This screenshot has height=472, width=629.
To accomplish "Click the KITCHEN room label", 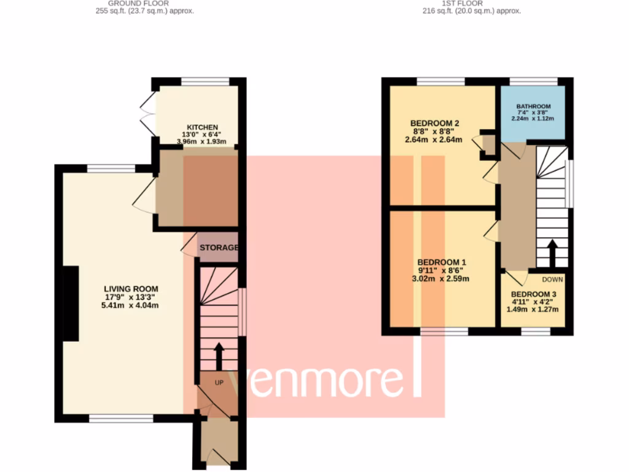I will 198,127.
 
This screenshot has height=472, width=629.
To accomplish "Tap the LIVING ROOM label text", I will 131,289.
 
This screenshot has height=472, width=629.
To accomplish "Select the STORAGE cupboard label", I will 218,248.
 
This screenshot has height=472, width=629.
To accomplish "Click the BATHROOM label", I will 533,106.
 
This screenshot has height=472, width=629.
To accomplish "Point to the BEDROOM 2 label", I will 434,122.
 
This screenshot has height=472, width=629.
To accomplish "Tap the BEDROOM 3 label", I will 533,294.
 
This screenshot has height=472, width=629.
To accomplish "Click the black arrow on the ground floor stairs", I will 217,355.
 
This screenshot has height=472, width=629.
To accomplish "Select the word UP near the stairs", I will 219,382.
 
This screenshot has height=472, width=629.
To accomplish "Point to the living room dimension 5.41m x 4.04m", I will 131,305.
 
